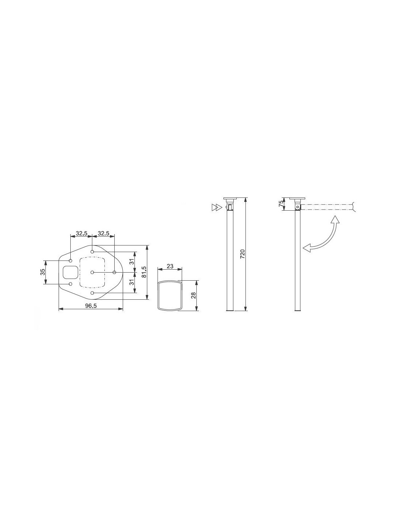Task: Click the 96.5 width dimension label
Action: coord(91,306)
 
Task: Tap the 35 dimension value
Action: coord(42,272)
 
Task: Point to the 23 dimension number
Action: coord(170,266)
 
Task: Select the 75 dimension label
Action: coord(281,204)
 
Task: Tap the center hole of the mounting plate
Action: coord(92,272)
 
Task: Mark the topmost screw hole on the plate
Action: coord(92,251)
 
